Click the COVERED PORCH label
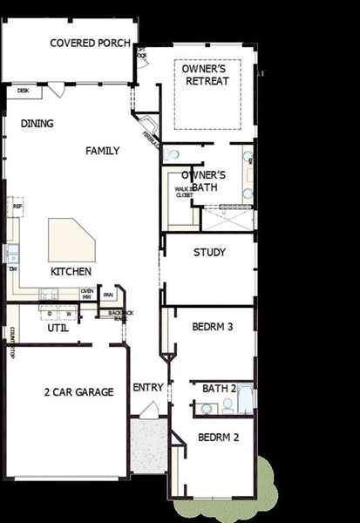point(91,43)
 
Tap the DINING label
point(37,124)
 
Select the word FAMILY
point(102,151)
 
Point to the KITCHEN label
point(71,272)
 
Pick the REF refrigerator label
point(17,206)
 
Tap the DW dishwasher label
point(13,268)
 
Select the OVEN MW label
point(86,295)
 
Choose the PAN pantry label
point(108,295)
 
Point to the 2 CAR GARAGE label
point(78,392)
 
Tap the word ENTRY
point(147,387)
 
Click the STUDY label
point(209,253)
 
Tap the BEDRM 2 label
point(218,438)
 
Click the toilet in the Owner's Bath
point(173,154)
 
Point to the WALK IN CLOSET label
point(184,192)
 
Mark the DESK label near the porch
point(24,90)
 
